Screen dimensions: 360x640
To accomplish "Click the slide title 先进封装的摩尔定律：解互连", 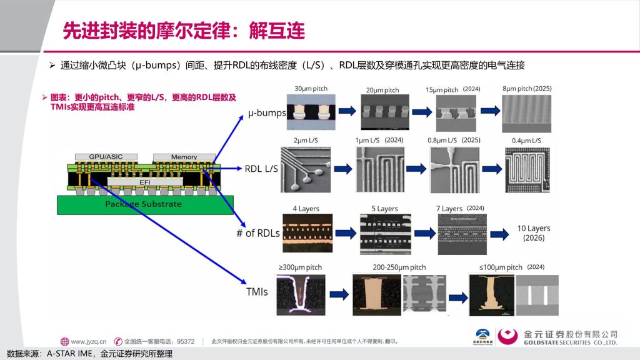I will coord(183,30).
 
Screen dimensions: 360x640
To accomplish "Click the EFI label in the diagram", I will coord(144,182).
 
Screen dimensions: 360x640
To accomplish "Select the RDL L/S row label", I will coord(261,168).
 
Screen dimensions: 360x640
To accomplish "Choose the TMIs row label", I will coord(257,291).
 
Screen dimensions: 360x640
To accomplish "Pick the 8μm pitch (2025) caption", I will coord(527,89).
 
